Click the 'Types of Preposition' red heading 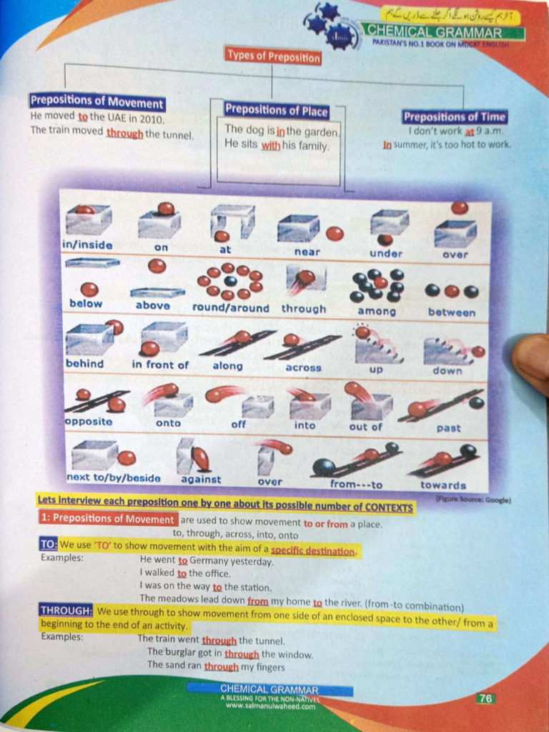(x=273, y=56)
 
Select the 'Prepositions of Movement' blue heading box (x=97, y=102)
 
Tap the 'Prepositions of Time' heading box (x=454, y=117)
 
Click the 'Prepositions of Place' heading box (x=276, y=110)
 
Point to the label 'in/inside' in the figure (x=87, y=244)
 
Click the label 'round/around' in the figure (x=230, y=308)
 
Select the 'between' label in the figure (x=451, y=312)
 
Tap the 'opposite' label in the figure (x=89, y=421)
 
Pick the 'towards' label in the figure (x=443, y=485)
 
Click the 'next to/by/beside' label (x=113, y=478)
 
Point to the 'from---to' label (x=356, y=484)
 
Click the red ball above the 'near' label (x=335, y=233)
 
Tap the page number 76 (x=485, y=698)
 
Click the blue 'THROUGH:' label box (x=66, y=610)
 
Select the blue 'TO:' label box (x=48, y=545)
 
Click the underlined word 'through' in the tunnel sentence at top (x=124, y=133)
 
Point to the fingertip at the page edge (x=533, y=361)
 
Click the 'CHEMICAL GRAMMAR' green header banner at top (x=444, y=32)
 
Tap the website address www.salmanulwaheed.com (x=269, y=706)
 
